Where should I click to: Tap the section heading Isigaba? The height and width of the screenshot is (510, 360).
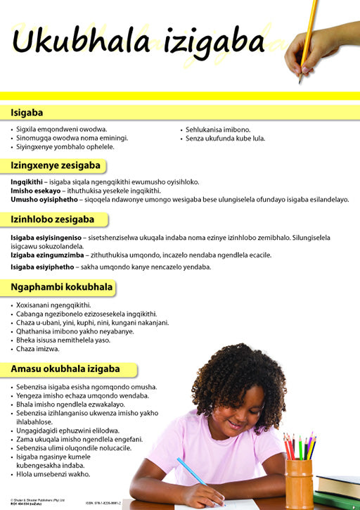pyautogui.click(x=27, y=112)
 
